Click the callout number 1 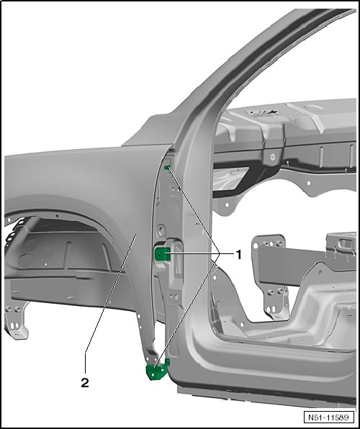click(239, 255)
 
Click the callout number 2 click(85, 383)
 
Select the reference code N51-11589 click(328, 417)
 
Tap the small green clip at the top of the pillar click(167, 167)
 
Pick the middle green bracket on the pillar click(162, 253)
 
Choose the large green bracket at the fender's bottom click(157, 371)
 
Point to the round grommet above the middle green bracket click(161, 230)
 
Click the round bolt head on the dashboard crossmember click(272, 157)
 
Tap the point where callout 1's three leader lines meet click(220, 254)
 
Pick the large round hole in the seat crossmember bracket click(256, 246)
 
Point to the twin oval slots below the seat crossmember click(271, 310)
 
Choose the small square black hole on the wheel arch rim click(57, 216)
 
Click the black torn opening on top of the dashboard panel click(263, 112)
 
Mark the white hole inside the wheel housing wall click(45, 264)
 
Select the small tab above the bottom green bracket click(167, 362)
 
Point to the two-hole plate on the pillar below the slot click(173, 297)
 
